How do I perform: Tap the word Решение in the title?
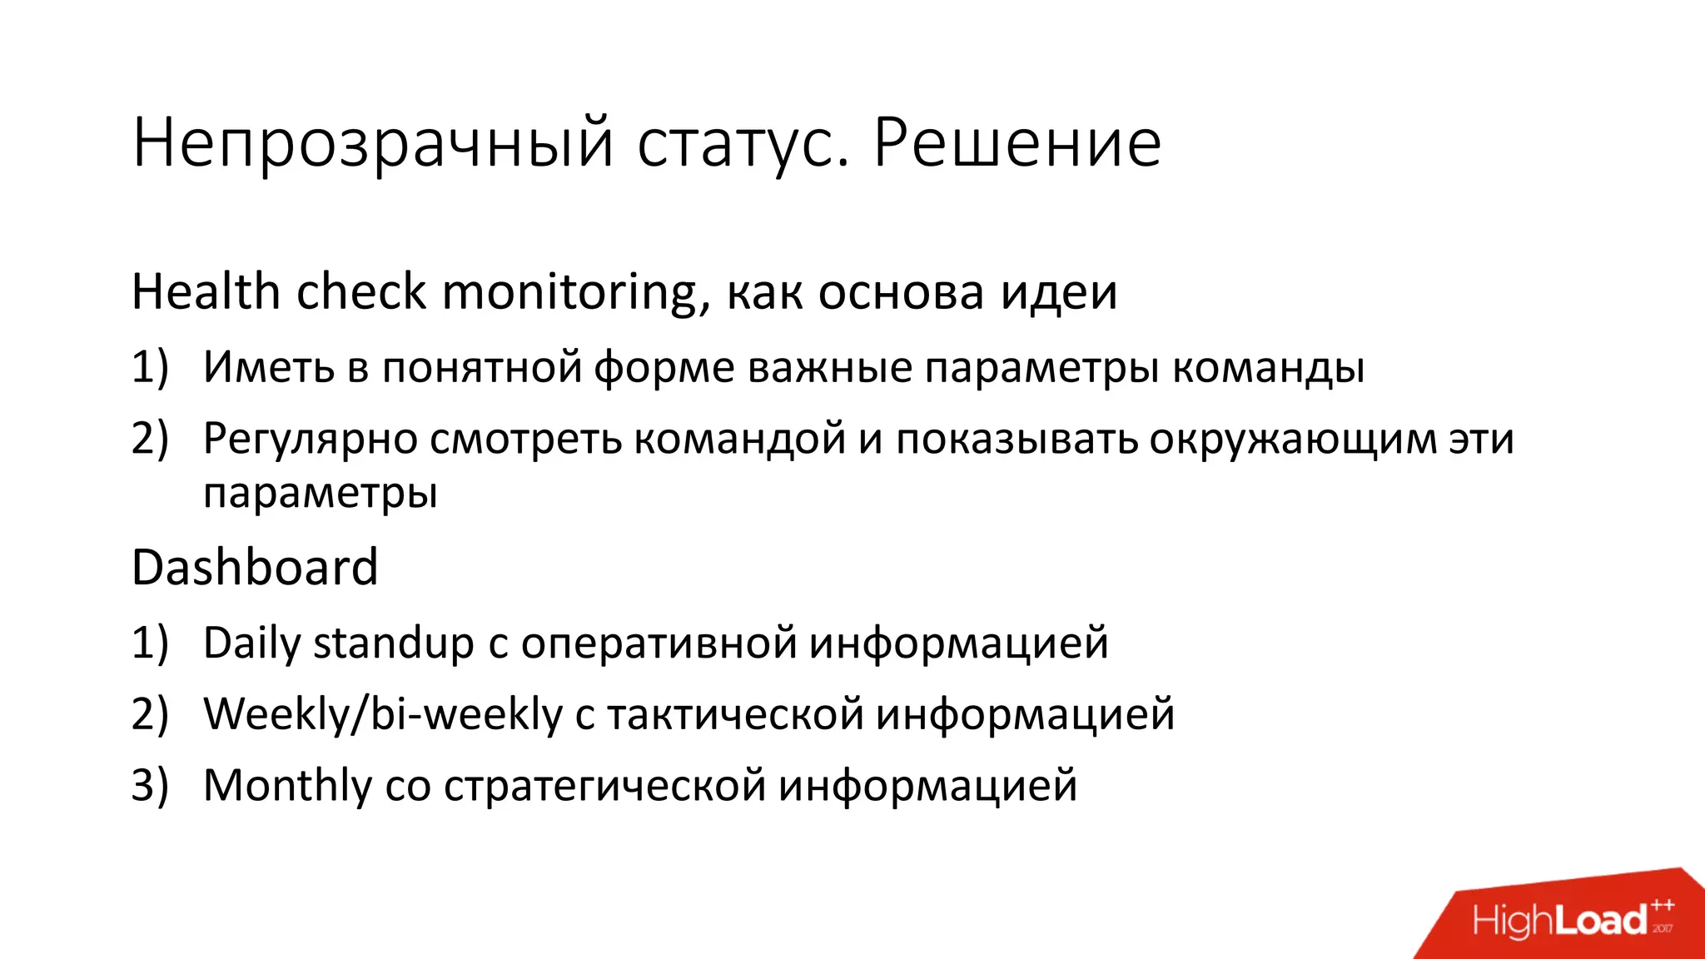1017,143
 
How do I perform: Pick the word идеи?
1058,292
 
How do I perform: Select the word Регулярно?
311,439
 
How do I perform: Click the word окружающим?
1293,439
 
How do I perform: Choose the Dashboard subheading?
255,568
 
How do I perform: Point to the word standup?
393,643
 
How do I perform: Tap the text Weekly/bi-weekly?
383,714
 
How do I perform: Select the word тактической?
736,714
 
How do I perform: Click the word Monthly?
287,785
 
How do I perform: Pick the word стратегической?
604,785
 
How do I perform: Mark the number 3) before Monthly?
150,785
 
